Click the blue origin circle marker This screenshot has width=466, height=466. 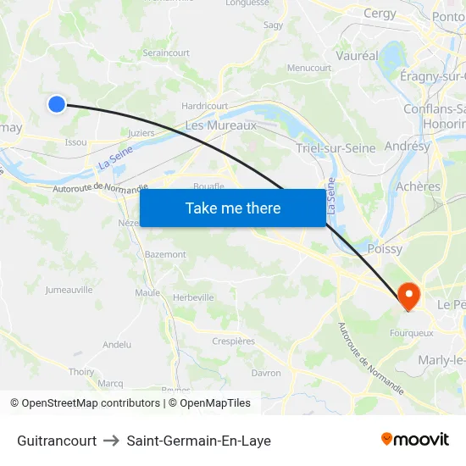pos(57,104)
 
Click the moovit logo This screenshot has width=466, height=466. pos(414,439)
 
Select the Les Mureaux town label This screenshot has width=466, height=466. pos(220,125)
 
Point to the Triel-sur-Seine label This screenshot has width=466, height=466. pos(336,148)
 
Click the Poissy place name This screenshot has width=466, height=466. pos(385,249)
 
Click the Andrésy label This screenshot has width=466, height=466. pos(407,146)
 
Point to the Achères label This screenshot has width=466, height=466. pos(418,186)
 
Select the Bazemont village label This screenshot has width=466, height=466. pos(165,254)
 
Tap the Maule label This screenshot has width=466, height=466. pos(147,292)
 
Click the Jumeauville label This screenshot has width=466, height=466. pos(69,289)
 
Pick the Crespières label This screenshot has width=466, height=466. pos(232,341)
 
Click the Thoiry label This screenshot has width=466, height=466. pos(81,371)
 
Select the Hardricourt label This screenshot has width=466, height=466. pos(205,106)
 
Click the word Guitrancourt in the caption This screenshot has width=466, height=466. pos(57,441)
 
